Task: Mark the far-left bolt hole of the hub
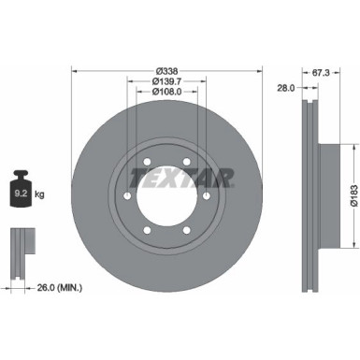(x=126, y=197)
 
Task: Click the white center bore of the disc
(x=167, y=197)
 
